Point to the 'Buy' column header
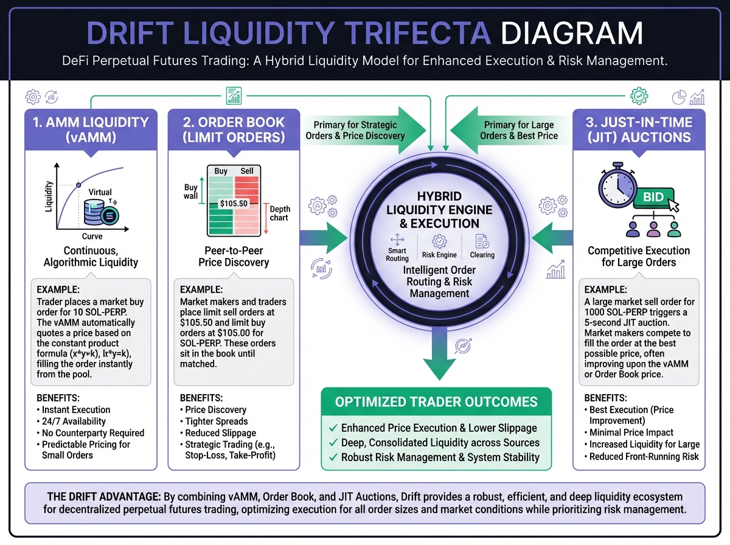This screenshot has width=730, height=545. coord(221,171)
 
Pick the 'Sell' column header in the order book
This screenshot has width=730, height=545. coord(247,171)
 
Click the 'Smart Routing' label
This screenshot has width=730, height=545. coord(397,254)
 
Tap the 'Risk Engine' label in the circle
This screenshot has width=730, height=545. coord(439,255)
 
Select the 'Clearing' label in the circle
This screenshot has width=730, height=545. coord(482,255)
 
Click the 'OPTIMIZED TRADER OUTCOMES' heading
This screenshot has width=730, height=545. coord(436,401)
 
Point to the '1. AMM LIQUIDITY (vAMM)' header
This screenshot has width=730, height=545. coord(91,130)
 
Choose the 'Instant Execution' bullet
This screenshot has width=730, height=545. coord(76,409)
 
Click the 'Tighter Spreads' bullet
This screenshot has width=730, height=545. coord(217,422)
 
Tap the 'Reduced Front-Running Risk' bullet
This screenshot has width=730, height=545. coord(644,456)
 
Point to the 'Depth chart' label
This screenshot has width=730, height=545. coord(279,213)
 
